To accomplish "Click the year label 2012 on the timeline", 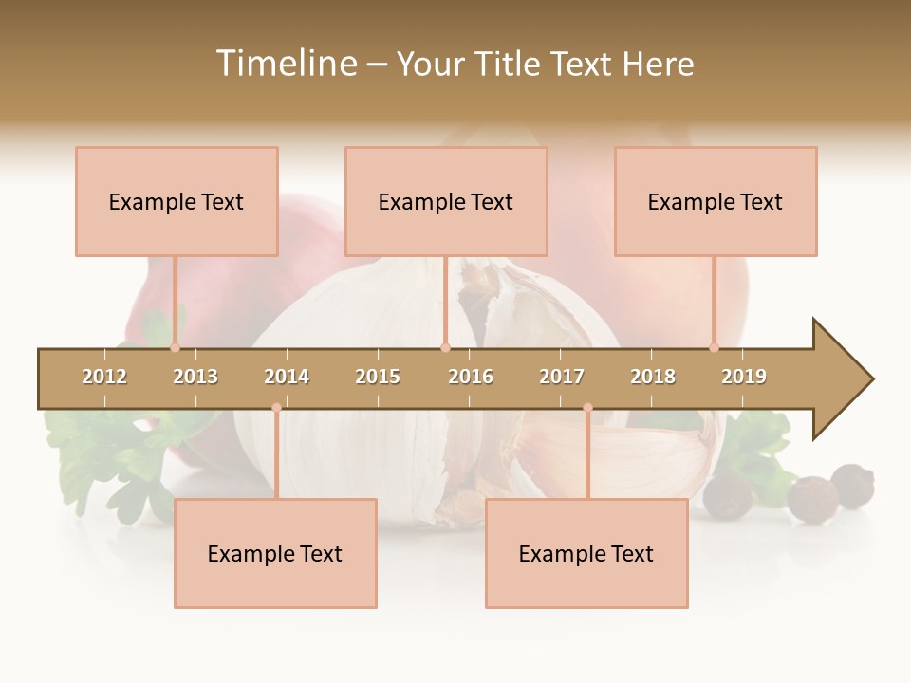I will coord(104,377).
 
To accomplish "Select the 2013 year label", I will coord(195,377).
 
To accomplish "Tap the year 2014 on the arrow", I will coord(287,377).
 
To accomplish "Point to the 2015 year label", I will coord(378,377).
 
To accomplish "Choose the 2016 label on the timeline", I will coord(471,377).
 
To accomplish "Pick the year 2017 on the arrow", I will coord(562,377).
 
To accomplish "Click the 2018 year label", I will coord(653,377).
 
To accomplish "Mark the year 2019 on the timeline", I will coord(744,377).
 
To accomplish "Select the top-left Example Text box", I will coord(177,201).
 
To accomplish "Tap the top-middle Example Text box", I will coord(446,201).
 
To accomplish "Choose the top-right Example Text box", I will coord(716,201).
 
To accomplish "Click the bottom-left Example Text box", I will coord(275,553).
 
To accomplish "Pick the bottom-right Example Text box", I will coord(586,553).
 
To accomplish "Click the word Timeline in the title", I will coord(286,64).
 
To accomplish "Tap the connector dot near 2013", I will coord(175,347).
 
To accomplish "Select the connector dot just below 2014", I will coord(276,408).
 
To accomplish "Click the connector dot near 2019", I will coord(714,347).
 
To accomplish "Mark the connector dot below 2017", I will coord(587,408).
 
